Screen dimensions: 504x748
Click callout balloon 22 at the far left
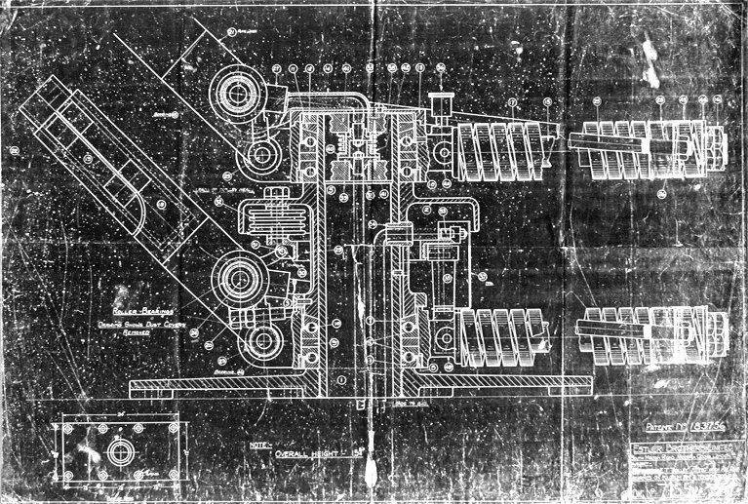(x=16, y=150)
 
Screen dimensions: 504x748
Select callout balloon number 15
(x=548, y=101)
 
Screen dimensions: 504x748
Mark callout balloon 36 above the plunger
(x=441, y=68)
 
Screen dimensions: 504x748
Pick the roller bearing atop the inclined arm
(x=236, y=97)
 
